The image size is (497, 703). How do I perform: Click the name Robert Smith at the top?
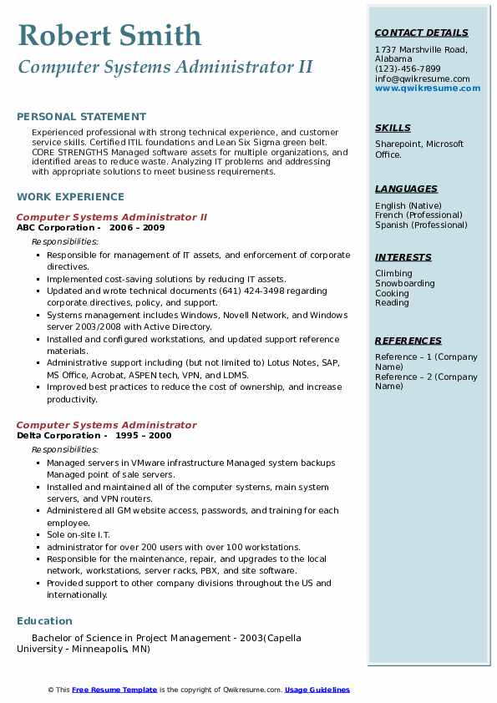(109, 35)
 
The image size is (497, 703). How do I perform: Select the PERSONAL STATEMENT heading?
(81, 117)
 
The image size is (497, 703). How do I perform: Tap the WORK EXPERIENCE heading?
(70, 197)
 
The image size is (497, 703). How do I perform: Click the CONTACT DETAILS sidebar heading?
(422, 33)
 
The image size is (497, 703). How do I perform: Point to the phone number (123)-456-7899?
(408, 69)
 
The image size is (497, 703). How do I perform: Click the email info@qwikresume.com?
(422, 79)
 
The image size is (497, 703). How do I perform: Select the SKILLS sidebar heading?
(393, 129)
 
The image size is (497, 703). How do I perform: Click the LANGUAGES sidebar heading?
(406, 190)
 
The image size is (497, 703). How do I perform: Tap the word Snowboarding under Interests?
(405, 284)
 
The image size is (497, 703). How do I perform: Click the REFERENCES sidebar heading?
(408, 341)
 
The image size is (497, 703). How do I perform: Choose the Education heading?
(44, 621)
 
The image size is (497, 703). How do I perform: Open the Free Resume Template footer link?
(114, 690)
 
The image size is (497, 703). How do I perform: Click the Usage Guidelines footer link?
(317, 690)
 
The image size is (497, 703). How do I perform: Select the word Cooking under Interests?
(392, 294)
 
